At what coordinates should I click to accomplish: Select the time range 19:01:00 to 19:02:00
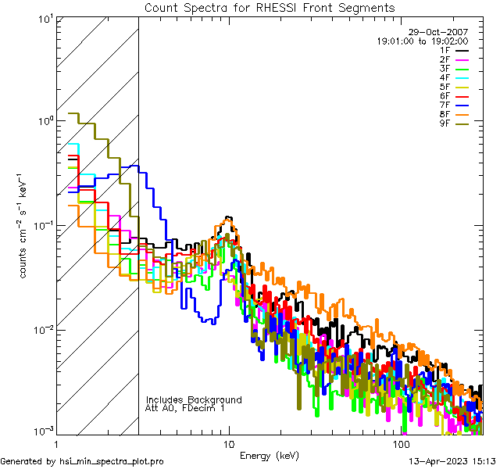tap(422, 41)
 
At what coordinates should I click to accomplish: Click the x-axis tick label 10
tap(228, 443)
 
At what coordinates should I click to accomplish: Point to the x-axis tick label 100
tap(401, 443)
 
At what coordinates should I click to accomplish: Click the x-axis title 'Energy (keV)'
tap(269, 455)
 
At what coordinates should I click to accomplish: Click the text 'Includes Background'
tap(194, 400)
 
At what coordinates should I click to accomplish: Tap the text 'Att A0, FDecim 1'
tap(185, 409)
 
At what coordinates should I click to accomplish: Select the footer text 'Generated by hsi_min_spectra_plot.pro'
tap(82, 461)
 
